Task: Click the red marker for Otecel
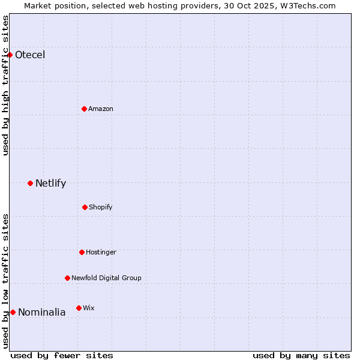pyautogui.click(x=10, y=55)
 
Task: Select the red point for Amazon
pyautogui.click(x=84, y=109)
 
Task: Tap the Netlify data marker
pyautogui.click(x=30, y=183)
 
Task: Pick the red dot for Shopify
pyautogui.click(x=85, y=207)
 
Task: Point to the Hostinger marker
pyautogui.click(x=82, y=252)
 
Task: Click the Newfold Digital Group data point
pyautogui.click(x=67, y=278)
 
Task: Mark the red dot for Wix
pyautogui.click(x=79, y=308)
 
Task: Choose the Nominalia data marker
pyautogui.click(x=13, y=312)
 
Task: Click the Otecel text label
pyautogui.click(x=30, y=55)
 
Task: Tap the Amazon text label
pyautogui.click(x=101, y=109)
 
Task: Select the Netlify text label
pyautogui.click(x=50, y=184)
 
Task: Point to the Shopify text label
pyautogui.click(x=101, y=208)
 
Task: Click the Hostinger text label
pyautogui.click(x=101, y=253)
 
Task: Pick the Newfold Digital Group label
pyautogui.click(x=106, y=278)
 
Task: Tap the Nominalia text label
pyautogui.click(x=42, y=313)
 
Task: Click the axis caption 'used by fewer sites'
pyautogui.click(x=62, y=355)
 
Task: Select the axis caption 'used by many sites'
pyautogui.click(x=301, y=355)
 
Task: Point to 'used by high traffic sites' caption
pyautogui.click(x=6, y=85)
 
